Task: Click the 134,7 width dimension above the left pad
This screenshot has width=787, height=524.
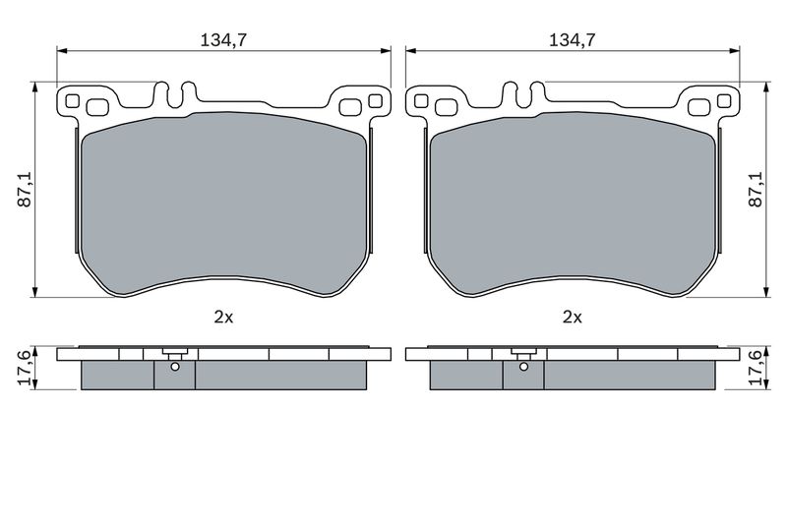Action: point(223,40)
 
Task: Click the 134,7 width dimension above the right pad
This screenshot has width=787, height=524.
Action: point(573,40)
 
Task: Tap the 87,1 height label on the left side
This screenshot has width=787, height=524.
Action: point(26,190)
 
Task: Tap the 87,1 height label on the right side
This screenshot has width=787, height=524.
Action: point(756,190)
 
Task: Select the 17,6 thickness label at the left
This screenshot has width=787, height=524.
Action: point(26,368)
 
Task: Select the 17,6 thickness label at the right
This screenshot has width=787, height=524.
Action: point(756,368)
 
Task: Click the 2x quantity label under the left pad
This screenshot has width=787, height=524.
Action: point(224,317)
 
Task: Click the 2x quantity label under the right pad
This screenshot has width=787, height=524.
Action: point(573,317)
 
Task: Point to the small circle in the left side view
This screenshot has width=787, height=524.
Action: point(175,367)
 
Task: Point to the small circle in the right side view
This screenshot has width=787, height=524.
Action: point(523,367)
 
